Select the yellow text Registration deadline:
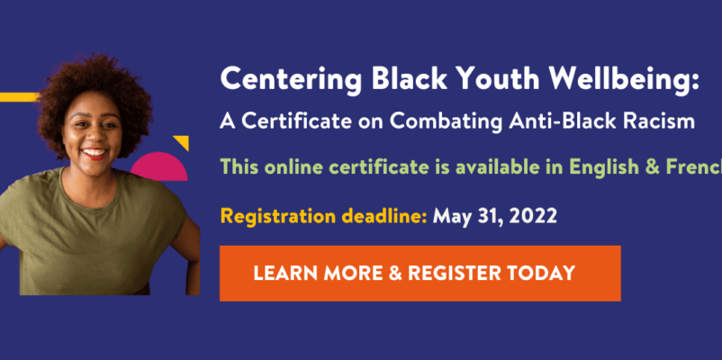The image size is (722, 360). click(324, 215)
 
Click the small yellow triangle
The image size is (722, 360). click(183, 141)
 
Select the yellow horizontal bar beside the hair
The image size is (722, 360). click(19, 97)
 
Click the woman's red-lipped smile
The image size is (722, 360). click(95, 153)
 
